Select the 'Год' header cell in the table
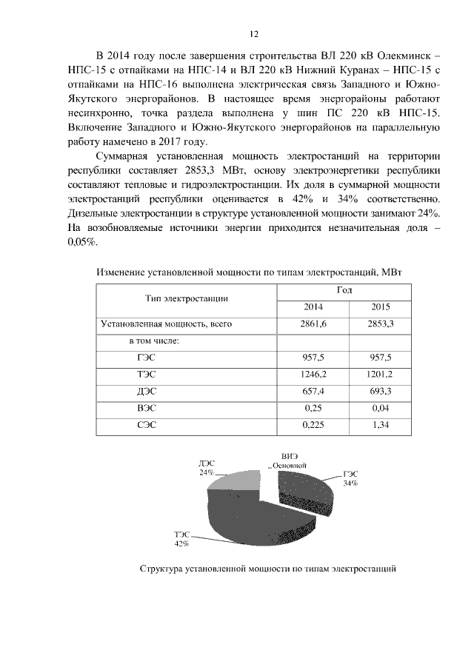click(344, 289)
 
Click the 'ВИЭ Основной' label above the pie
click(290, 460)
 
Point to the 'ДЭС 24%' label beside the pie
click(206, 467)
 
